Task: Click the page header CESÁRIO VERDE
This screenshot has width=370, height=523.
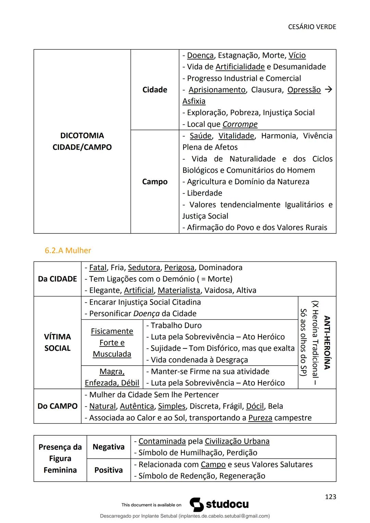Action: (312, 27)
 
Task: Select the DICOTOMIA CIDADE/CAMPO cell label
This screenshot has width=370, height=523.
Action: (82, 141)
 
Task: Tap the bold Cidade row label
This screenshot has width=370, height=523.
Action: (155, 90)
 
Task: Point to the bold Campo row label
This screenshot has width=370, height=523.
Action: (155, 182)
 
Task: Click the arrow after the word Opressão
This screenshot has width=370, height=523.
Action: (328, 90)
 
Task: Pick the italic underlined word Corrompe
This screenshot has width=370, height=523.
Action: (240, 124)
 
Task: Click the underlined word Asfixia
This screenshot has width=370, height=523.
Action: (194, 101)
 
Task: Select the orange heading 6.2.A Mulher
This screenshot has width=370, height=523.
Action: (68, 251)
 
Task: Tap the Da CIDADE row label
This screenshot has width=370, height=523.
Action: (57, 279)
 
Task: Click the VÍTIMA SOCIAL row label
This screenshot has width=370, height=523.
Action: (57, 342)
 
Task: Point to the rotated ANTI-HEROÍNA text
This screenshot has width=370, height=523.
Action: (326, 342)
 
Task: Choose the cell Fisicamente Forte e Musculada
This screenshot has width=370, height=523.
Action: (112, 343)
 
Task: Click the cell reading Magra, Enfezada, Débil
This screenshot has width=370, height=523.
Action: (112, 377)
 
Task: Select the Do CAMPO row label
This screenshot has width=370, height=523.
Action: (57, 406)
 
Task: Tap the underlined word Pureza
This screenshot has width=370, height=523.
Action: (260, 418)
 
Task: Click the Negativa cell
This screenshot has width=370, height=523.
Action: (108, 447)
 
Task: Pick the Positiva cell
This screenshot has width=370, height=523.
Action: (108, 470)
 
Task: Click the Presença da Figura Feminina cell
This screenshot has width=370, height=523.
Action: (60, 459)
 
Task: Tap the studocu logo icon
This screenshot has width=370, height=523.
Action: (197, 505)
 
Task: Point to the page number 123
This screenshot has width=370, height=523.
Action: (330, 497)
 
